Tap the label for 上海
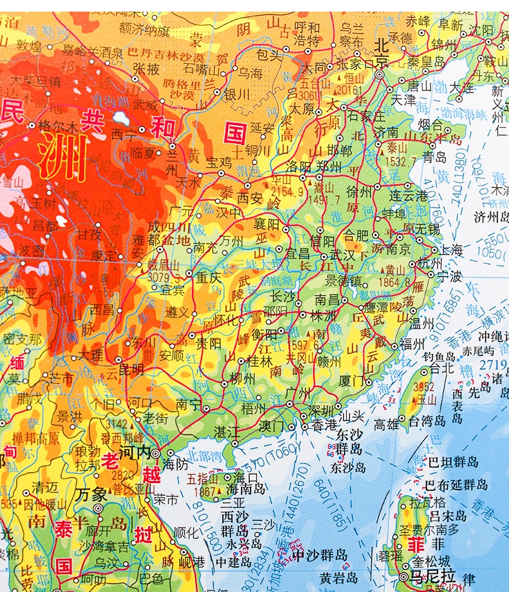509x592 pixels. point(450,250)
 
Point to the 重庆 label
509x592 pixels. point(209,278)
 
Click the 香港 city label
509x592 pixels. point(323,424)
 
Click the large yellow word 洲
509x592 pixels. point(62,155)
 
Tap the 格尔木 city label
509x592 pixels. point(58,126)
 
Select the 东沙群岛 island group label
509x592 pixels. point(348,444)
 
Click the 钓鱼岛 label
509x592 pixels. point(440,356)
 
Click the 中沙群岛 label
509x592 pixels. point(319,555)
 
